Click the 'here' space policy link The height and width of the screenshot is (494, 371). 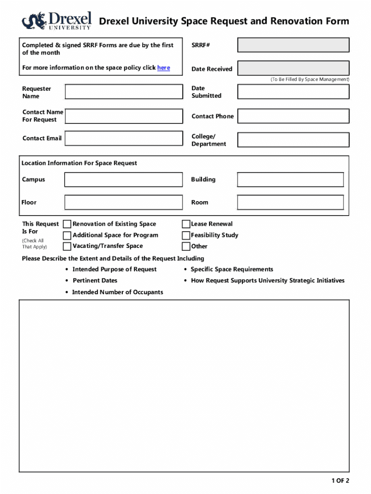click(x=164, y=68)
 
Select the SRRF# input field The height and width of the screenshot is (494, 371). click(x=293, y=45)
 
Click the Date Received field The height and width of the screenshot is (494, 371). click(x=293, y=69)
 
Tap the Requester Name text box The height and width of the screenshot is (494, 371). click(x=124, y=92)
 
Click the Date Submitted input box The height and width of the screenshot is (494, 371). click(x=293, y=92)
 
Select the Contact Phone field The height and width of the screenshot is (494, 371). click(x=293, y=116)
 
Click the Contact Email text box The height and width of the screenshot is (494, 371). click(x=124, y=137)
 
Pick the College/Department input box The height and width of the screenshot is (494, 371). click(x=293, y=140)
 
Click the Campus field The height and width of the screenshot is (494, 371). click(x=124, y=179)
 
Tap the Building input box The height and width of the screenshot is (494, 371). click(x=291, y=179)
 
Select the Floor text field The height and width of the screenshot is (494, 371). click(x=124, y=202)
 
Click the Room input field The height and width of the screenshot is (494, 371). click(x=291, y=202)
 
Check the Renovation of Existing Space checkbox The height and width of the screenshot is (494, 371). click(x=67, y=224)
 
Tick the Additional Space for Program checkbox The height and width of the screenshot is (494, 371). click(x=67, y=235)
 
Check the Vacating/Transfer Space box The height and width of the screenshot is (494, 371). click(x=67, y=247)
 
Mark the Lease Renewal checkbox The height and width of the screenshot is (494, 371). click(x=186, y=224)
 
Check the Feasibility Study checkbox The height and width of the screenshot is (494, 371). click(x=186, y=235)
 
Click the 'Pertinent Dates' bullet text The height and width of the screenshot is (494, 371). click(x=95, y=281)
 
